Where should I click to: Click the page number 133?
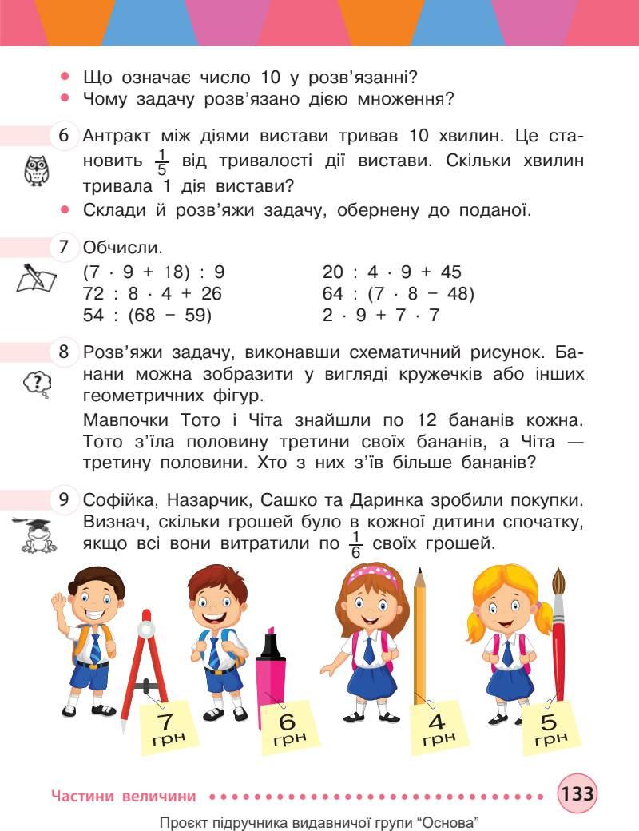point(577,795)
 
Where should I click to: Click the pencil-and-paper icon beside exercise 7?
point(36,277)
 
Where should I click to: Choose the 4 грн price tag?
point(436,726)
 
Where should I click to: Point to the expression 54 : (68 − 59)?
point(148,315)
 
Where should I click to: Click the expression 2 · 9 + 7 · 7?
point(381,315)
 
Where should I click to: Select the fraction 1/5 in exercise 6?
point(161,161)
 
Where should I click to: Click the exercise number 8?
point(63,352)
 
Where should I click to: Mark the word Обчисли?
point(117,248)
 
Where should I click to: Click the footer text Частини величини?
point(123,796)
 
